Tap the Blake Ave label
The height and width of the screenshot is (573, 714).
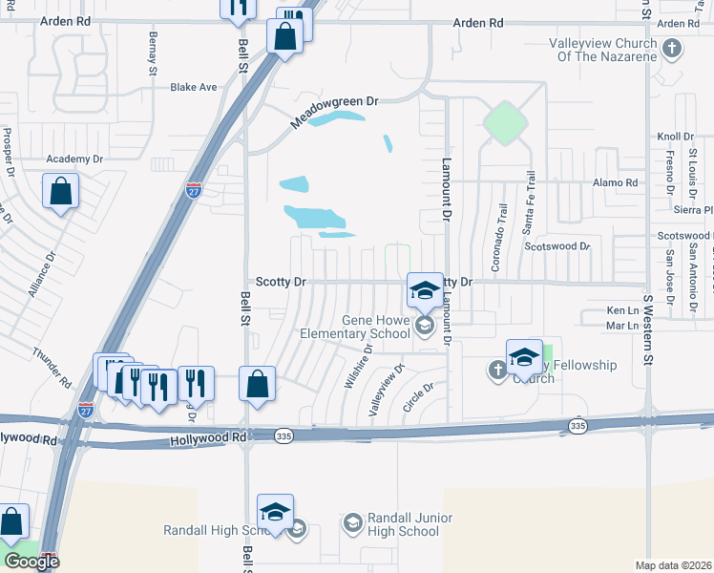coord(194,87)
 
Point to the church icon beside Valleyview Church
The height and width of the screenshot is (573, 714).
coord(673,47)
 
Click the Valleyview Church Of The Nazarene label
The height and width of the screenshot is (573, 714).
coord(602,50)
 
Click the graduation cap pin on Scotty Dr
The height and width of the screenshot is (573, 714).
coord(425,289)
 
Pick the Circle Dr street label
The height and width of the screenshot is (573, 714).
coord(418,396)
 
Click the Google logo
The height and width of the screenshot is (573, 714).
coord(31,562)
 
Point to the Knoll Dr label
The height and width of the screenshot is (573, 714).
coord(675,137)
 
